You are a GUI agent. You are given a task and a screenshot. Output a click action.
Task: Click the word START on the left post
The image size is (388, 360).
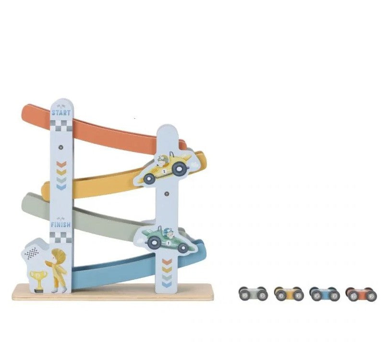pyautogui.click(x=61, y=112)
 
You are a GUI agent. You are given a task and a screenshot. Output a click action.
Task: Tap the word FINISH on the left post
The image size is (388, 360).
pyautogui.click(x=61, y=224)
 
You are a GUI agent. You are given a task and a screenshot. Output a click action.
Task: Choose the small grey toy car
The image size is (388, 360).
pyautogui.click(x=253, y=294)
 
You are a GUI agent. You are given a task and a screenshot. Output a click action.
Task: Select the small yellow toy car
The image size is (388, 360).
pyautogui.click(x=289, y=294)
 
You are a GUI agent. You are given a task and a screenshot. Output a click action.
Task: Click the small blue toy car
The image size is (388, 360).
pyautogui.click(x=325, y=294)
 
